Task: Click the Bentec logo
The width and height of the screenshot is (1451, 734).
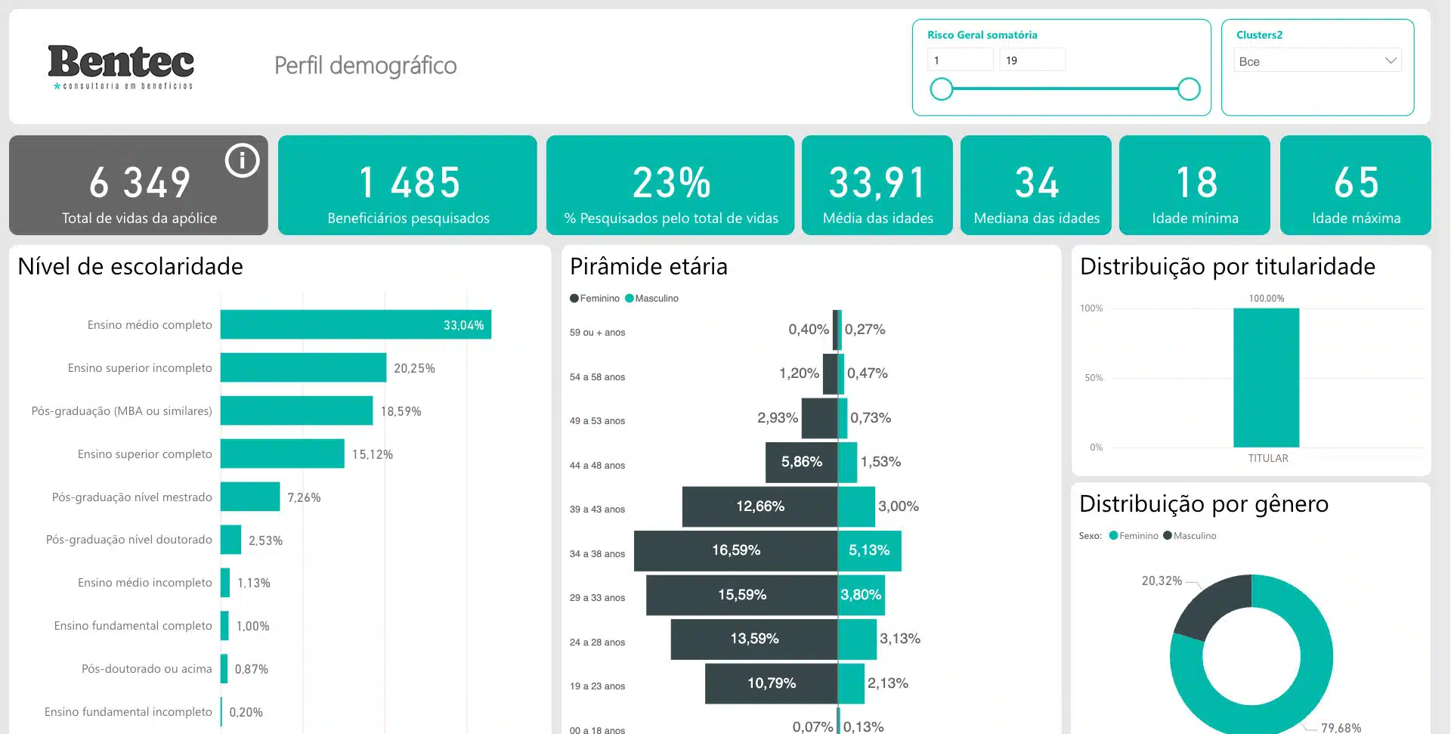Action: pos(121,67)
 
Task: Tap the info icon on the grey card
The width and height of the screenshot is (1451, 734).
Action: pos(242,160)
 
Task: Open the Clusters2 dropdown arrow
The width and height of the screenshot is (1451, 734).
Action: pos(1390,60)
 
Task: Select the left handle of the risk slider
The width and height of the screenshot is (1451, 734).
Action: pos(942,89)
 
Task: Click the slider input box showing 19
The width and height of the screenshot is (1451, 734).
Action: pos(1032,60)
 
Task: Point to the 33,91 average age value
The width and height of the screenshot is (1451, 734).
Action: pos(877,182)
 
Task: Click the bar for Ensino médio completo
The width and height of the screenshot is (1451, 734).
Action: pos(356,324)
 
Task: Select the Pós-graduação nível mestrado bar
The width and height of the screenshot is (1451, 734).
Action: pos(250,497)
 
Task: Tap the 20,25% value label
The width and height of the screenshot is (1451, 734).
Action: pos(414,368)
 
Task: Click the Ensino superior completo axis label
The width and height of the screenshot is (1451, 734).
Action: pos(144,454)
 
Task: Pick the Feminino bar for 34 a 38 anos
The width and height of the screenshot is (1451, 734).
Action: pos(736,550)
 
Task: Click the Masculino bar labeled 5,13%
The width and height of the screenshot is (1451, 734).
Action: pos(870,550)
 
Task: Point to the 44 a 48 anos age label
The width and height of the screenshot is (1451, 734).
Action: pos(597,466)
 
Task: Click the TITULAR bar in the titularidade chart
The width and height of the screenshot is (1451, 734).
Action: pos(1267,377)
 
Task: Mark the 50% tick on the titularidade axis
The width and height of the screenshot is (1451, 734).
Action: pos(1093,377)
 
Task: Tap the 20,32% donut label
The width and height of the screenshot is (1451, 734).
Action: pos(1162,581)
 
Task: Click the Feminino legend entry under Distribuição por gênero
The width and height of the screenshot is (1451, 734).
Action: pos(1134,536)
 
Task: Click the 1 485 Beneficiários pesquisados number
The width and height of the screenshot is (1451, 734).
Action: pos(409,182)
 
